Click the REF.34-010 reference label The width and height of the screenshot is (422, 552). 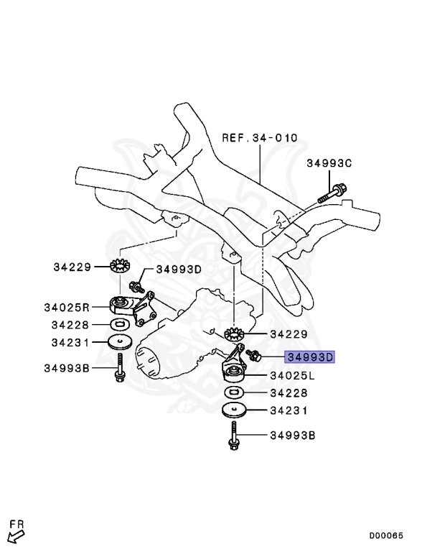point(249,137)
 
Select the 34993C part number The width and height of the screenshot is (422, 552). point(329,164)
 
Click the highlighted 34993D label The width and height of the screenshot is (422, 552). point(310,356)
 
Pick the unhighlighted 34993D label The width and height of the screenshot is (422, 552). point(179,269)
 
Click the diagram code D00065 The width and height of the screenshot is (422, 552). point(386,535)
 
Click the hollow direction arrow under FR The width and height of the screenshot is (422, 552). point(12,536)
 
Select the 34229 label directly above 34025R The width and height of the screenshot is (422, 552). point(72,267)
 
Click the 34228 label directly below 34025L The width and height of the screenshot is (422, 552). point(289,393)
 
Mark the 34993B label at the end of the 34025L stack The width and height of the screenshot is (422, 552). point(292,436)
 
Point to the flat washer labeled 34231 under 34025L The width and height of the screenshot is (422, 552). point(233,410)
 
